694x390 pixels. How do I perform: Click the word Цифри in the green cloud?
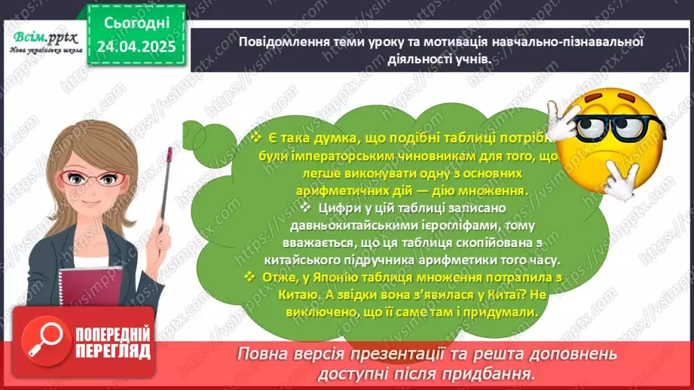tap(335, 208)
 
